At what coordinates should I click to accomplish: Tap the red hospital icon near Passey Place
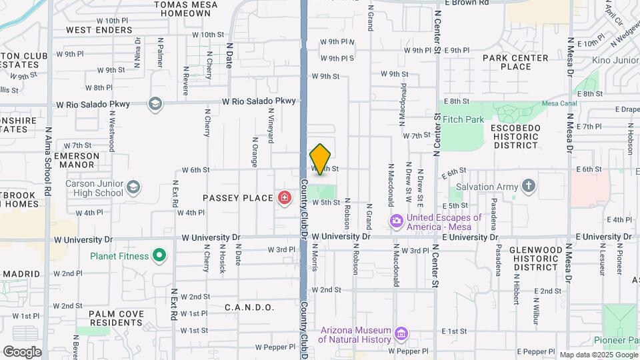coord(285,198)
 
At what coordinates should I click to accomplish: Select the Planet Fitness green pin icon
coord(159,255)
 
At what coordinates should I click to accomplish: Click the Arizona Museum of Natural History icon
coord(401,333)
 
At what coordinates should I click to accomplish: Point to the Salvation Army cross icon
coord(528,186)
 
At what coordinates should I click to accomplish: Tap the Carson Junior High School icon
coord(134,187)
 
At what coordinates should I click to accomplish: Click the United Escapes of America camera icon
coord(396,220)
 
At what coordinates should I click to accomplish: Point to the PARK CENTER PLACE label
coord(516,62)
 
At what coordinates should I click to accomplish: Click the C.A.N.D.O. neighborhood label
coord(249,307)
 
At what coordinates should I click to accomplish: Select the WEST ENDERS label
coord(99,30)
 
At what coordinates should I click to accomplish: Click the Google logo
coord(22,351)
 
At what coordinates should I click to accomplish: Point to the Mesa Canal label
coord(558,104)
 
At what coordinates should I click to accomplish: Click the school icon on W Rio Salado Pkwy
coord(155,104)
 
